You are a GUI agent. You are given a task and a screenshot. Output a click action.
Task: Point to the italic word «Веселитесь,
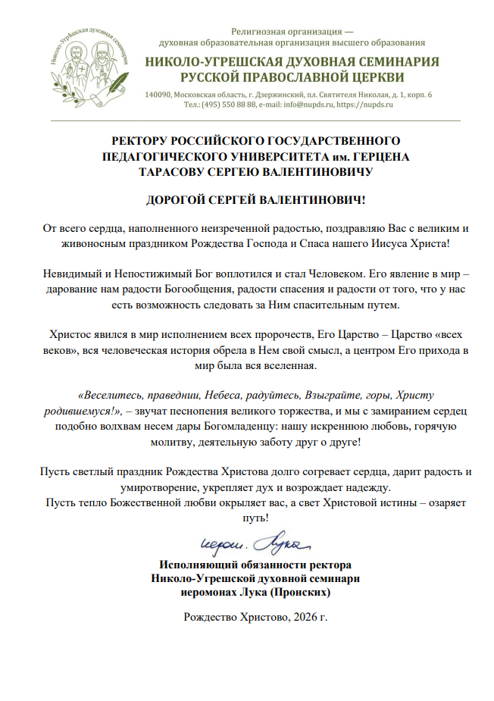(x=111, y=396)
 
